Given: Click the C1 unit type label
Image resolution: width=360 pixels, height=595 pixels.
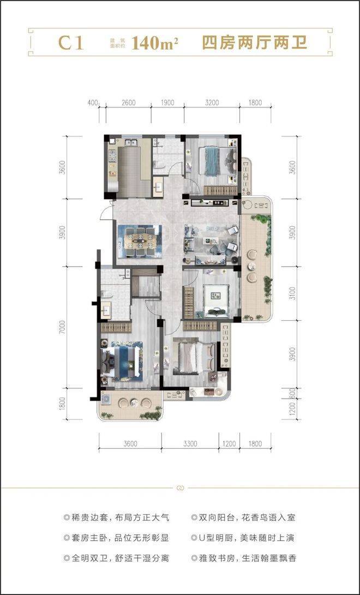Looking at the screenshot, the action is tap(71, 44).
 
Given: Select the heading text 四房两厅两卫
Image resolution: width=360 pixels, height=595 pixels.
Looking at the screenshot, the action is tap(254, 43).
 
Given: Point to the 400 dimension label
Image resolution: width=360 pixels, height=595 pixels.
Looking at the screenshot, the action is tap(93, 103).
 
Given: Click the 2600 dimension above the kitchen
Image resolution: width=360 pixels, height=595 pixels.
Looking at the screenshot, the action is tap(129, 103).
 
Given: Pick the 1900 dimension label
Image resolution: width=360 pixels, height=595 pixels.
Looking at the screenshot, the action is tap(167, 103).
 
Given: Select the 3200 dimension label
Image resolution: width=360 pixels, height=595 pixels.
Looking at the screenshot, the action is tap(212, 103).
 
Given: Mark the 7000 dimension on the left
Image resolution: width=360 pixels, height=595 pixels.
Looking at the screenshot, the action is tap(63, 327).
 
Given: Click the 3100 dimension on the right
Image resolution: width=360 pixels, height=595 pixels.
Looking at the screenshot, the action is tap(291, 292).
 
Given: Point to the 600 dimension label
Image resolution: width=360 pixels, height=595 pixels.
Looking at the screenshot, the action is tap(291, 393).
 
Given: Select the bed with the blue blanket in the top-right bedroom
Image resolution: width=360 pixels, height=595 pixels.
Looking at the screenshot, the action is tap(216, 161).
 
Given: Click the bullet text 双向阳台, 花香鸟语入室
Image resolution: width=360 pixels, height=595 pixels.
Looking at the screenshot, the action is tap(243, 517).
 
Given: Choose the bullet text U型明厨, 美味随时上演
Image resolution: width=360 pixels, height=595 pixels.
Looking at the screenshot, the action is tap(243, 538).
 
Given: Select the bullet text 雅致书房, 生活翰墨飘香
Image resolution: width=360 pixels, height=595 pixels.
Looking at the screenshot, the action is tap(243, 558).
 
